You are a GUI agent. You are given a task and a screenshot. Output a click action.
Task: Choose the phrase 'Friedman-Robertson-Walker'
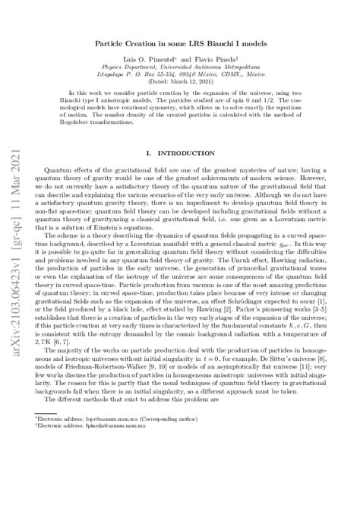[83, 377]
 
